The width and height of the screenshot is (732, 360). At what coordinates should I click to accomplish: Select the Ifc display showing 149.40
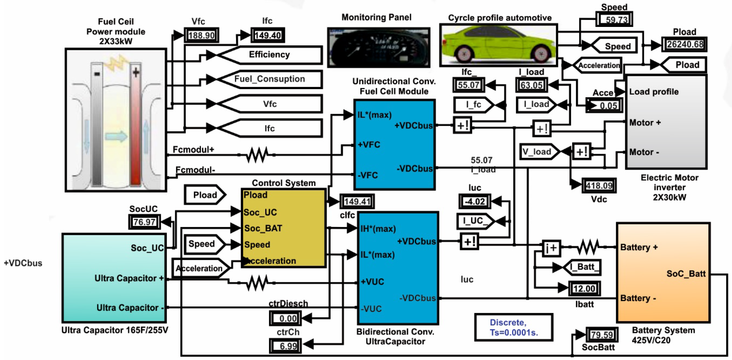[x=268, y=35]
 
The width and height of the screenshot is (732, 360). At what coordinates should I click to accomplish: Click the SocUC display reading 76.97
[x=144, y=222]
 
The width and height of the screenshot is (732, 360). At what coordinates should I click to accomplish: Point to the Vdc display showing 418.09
[x=599, y=186]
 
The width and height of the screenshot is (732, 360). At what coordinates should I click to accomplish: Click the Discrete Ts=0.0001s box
[x=514, y=327]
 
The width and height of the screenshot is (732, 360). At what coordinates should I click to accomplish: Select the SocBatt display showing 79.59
[x=601, y=335]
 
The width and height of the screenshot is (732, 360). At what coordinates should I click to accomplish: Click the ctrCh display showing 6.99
[x=286, y=346]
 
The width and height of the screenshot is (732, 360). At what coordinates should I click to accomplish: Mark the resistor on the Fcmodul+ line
[x=257, y=155]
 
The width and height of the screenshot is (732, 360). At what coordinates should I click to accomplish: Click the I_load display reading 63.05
[x=531, y=85]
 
